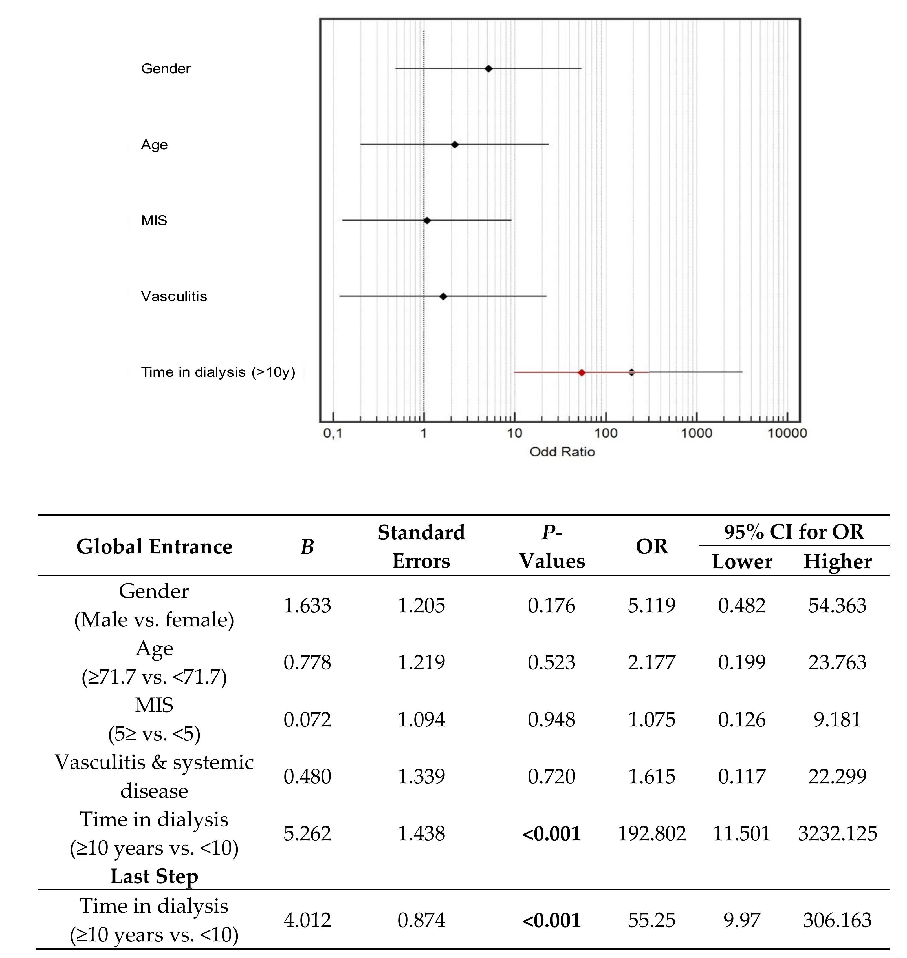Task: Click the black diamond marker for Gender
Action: [488, 68]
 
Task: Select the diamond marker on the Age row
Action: [454, 145]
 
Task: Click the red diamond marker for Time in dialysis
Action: [582, 372]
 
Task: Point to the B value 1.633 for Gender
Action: [307, 605]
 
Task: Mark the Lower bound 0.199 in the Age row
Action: [742, 662]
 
